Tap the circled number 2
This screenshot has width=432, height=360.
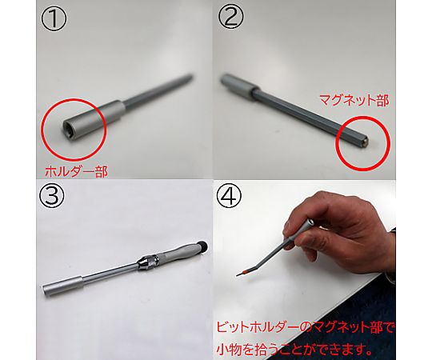coord(231,17)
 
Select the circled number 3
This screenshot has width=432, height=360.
coord(52,195)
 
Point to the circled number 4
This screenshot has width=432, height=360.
coord(230,195)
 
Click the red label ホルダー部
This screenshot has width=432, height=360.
coord(76,171)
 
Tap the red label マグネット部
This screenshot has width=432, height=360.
coord(354,101)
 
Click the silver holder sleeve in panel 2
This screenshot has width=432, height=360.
coord(238,86)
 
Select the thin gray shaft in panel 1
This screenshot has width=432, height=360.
coord(158,90)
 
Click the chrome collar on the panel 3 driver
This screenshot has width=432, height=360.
coord(149,262)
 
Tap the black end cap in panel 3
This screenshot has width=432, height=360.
coord(203,245)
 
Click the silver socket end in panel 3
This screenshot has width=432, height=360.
coord(62,286)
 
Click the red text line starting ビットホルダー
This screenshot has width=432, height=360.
coord(306,328)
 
